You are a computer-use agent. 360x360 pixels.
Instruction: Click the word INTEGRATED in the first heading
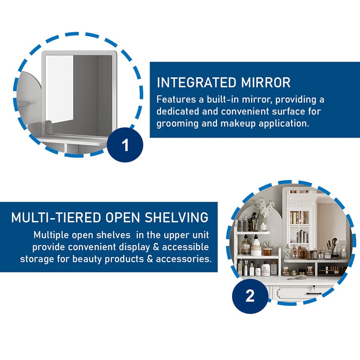coord(196,82)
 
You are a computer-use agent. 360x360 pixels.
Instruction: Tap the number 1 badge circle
coord(125,145)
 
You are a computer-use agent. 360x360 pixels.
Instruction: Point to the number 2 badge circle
coord(250,296)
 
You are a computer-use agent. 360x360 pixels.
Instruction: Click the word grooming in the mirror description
coord(177,124)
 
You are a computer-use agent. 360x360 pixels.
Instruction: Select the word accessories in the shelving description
coord(184,259)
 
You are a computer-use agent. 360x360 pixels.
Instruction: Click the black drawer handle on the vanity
coord(314,294)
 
